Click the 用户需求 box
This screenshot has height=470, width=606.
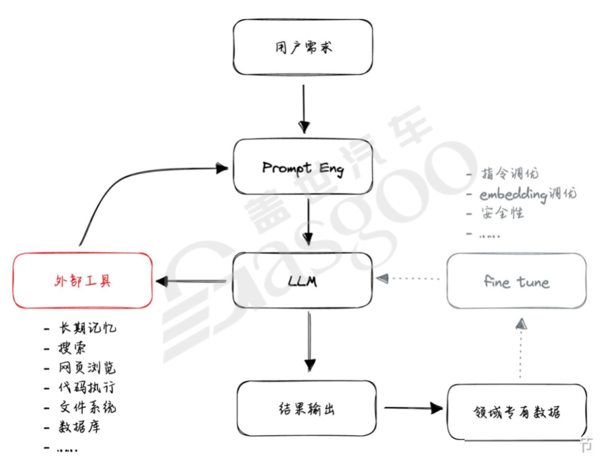[302, 47]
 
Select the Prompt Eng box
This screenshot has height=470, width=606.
[302, 167]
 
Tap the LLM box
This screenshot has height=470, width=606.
[302, 281]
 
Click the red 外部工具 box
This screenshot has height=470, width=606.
[82, 281]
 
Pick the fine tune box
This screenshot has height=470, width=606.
[516, 281]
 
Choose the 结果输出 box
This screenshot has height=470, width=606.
[306, 408]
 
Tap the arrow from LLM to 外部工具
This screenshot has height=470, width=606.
[191, 281]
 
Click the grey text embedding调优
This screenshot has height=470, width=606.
[527, 194]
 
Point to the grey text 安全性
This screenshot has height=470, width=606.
[502, 213]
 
